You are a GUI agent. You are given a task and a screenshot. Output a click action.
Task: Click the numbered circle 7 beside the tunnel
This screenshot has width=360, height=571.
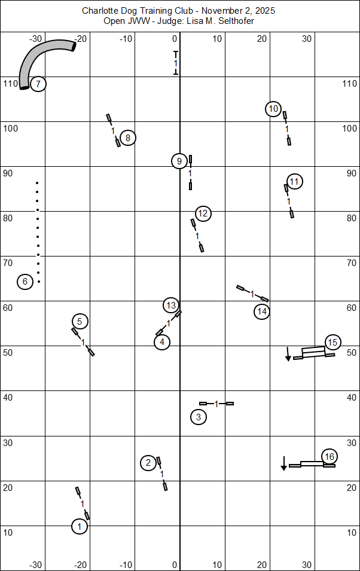tap(38, 84)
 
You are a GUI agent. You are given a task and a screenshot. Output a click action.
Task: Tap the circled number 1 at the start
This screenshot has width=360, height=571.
tap(80, 526)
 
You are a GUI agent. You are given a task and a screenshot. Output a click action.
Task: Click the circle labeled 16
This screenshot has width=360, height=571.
tap(329, 457)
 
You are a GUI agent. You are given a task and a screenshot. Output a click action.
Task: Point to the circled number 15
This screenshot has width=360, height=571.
tap(332, 343)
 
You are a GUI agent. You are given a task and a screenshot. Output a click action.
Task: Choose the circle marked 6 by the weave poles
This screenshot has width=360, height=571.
tap(25, 281)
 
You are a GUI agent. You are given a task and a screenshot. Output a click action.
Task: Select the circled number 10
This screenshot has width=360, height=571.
tap(273, 109)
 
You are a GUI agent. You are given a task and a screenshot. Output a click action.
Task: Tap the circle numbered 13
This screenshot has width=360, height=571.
tap(171, 306)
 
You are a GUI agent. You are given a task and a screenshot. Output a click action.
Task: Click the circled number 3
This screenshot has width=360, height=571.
tap(199, 417)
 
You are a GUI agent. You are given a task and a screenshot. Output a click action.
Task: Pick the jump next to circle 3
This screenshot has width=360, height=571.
tap(216, 404)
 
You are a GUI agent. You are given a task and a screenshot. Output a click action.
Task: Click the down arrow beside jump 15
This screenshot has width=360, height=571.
tap(288, 353)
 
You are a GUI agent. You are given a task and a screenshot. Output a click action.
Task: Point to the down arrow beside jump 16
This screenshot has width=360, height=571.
tap(283, 463)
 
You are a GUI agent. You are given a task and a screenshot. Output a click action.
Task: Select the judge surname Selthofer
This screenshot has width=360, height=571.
tap(238, 22)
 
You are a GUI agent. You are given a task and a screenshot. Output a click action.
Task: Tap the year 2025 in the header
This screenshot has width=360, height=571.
tap(266, 11)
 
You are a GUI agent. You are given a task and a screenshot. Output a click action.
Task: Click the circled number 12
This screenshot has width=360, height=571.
tap(203, 213)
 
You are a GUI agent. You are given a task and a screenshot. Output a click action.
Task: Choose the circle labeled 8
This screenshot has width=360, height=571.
tap(127, 138)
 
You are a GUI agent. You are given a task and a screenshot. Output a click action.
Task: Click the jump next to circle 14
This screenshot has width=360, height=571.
tap(252, 293)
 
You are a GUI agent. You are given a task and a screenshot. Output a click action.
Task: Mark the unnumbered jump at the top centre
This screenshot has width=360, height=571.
tap(176, 63)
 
